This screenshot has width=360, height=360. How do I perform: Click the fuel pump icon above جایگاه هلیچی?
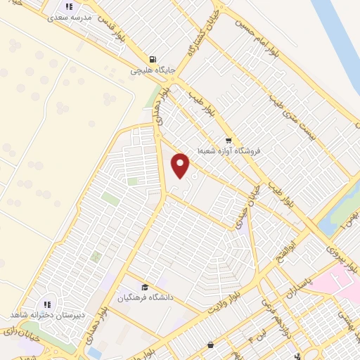click(x=152, y=59)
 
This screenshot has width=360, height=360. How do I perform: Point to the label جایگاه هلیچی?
click(x=151, y=70)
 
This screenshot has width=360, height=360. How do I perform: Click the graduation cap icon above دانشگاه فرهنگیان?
click(x=145, y=287)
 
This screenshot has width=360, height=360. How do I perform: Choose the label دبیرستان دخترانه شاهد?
click(x=47, y=316)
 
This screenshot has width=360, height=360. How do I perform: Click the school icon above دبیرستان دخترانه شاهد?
click(x=47, y=304)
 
